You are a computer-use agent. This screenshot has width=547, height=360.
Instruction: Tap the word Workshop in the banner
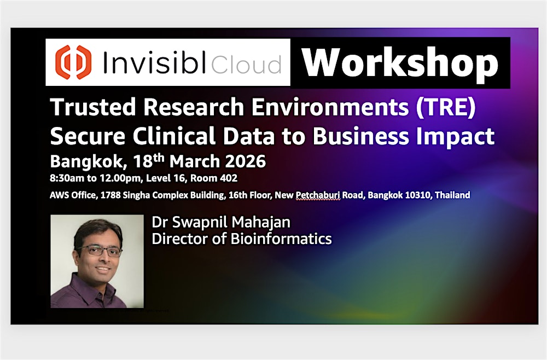400,63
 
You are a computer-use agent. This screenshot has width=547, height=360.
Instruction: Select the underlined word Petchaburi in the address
318,195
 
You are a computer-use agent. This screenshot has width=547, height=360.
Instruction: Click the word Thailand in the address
452,195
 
